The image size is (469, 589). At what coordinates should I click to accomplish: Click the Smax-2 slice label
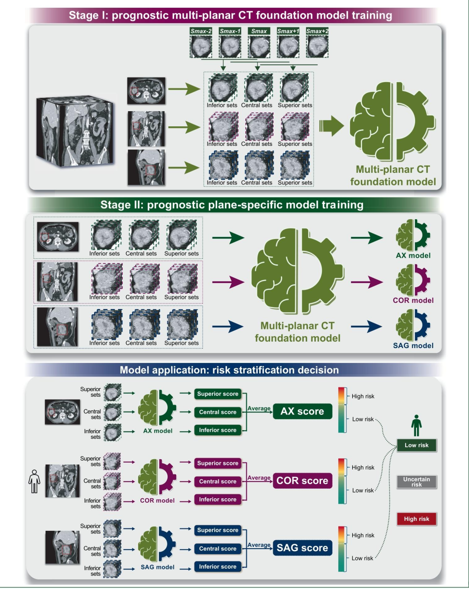tap(201, 31)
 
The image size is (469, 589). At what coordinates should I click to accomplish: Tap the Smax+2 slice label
tap(317, 31)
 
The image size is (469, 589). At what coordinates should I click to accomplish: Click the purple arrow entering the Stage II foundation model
tap(228, 282)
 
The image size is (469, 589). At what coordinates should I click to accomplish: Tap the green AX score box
tap(302, 411)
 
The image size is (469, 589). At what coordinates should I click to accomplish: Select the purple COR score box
tap(302, 481)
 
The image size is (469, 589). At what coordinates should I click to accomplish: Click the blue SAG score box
tap(302, 548)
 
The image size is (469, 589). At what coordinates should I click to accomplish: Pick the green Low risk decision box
tap(416, 445)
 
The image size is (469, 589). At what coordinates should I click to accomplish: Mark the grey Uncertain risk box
tap(416, 482)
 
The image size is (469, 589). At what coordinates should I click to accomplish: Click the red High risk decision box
tap(416, 519)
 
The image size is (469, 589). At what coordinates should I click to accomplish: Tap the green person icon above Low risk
tap(416, 425)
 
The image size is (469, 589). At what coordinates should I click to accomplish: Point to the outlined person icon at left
tap(34, 481)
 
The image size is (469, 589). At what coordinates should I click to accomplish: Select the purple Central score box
tap(218, 481)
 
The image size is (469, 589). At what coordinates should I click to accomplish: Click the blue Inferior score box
tap(218, 566)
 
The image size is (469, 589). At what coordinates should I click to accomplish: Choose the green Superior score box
tap(218, 394)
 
